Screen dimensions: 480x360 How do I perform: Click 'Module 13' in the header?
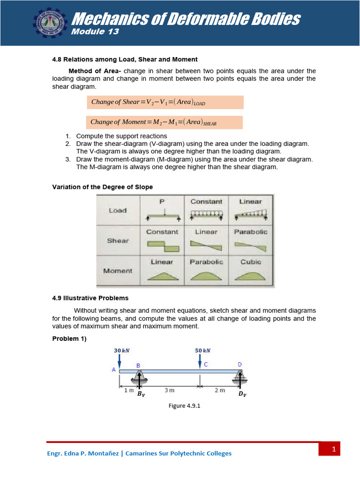pos(95,32)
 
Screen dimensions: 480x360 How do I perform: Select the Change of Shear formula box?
pos(165,102)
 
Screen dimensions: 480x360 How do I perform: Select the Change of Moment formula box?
pos(165,122)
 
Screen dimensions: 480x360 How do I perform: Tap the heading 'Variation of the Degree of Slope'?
pos(102,187)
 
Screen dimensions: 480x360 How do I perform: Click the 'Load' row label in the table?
pos(118,210)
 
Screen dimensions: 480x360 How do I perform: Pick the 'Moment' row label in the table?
pos(118,270)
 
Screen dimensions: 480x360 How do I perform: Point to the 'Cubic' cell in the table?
pos(251,262)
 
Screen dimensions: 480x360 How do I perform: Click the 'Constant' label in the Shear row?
pos(162,232)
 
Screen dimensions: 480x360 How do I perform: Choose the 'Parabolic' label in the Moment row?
pos(206,262)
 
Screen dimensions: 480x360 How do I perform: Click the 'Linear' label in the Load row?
pos(251,202)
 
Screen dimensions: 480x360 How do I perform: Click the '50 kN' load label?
pos(202,350)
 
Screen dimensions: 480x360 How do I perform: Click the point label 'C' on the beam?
pos(205,364)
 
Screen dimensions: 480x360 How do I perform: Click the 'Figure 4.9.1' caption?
pos(184,406)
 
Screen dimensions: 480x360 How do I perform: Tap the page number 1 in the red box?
pos(334,450)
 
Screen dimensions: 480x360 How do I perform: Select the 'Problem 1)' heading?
pos(69,339)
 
